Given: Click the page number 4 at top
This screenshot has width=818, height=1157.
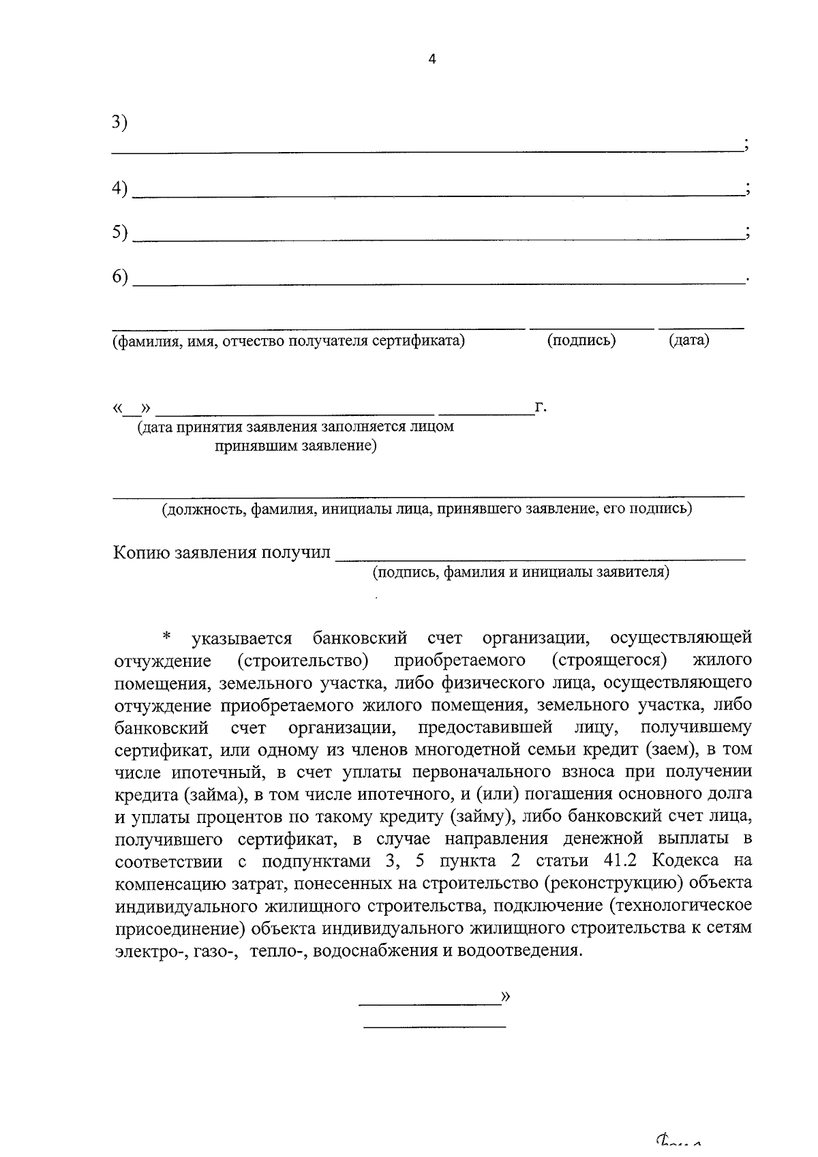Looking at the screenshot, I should (431, 59).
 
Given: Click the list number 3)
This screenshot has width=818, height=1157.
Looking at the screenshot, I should (120, 122).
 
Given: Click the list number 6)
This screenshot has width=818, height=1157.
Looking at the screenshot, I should (120, 277).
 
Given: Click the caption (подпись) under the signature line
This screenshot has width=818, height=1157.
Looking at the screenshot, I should (581, 340).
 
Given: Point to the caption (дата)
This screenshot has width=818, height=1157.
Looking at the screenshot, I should (688, 340).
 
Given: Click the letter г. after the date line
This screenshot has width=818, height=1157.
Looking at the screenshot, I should (541, 408).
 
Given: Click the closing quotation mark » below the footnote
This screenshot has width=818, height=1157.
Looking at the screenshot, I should (505, 996).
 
